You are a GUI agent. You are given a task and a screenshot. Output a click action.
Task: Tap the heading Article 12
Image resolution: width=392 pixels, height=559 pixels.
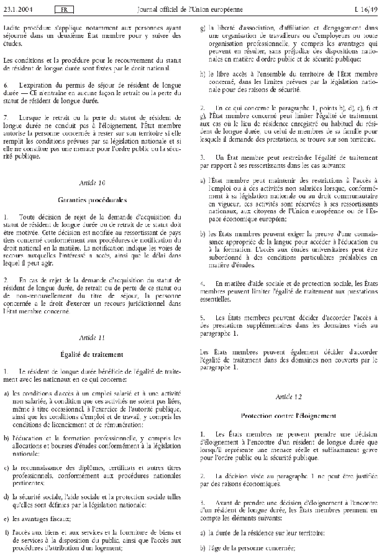tap(293, 395)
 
